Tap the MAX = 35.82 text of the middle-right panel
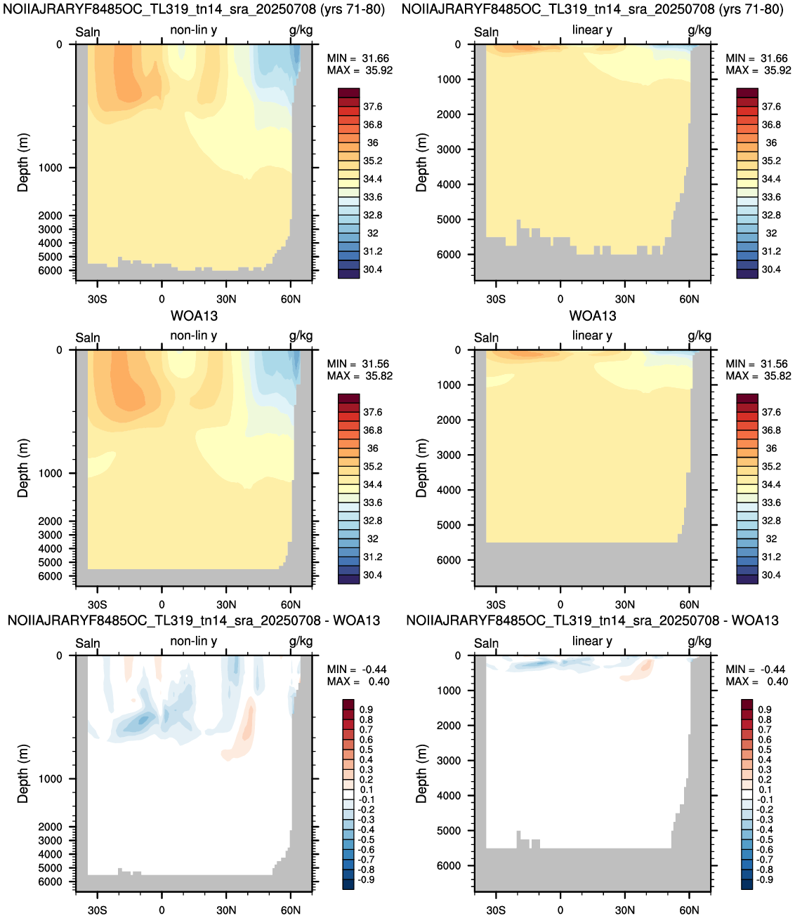coord(758,375)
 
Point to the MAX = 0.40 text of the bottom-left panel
coord(357,681)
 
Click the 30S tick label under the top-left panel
coord(98,299)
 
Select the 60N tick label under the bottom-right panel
coord(689,910)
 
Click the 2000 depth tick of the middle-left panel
coord(50,521)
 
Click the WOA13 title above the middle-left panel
coord(195,316)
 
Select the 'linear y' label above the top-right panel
coord(592,29)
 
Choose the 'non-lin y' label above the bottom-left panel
coord(194,641)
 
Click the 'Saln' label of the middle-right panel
coord(486,338)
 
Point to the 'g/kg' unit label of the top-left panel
coord(301,30)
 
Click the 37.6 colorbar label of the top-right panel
coord(771,107)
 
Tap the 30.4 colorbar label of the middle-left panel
coord(372,575)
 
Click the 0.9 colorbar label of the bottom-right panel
coord(764,710)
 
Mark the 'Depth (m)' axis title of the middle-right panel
coord(421,467)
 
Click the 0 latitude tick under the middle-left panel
coord(162,604)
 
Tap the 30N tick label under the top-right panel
coord(625,299)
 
